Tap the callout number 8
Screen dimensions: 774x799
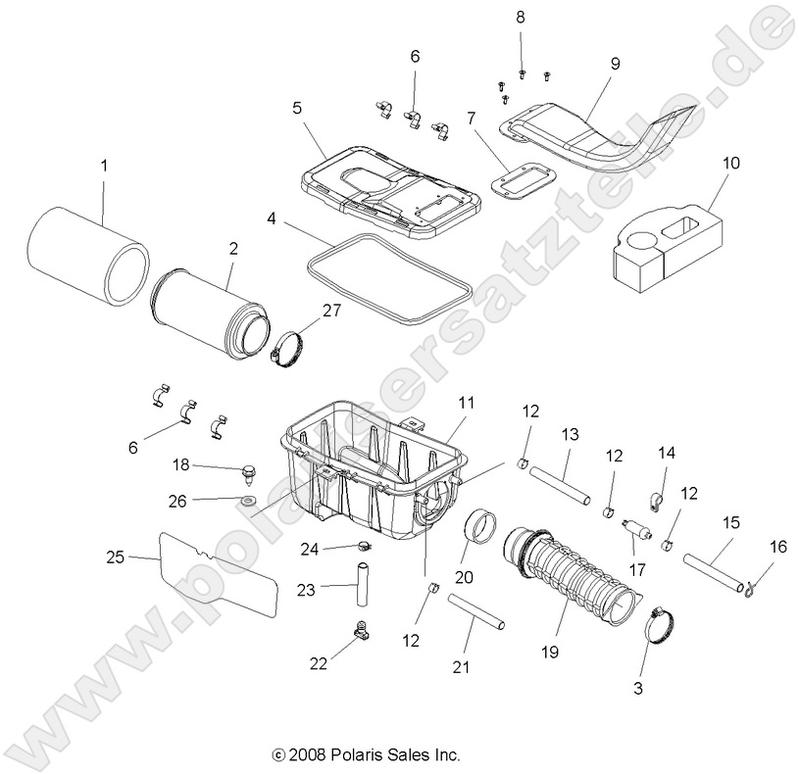(521, 17)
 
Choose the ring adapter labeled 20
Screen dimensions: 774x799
(482, 530)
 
